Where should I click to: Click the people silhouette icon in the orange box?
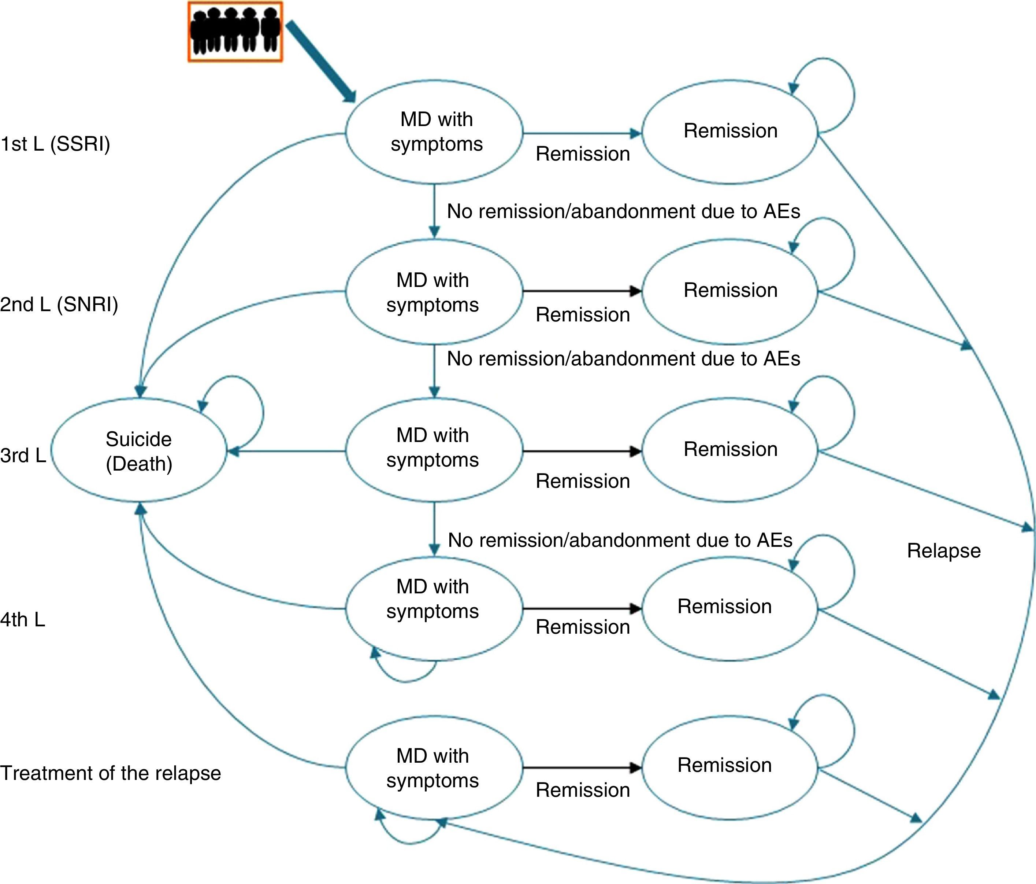[x=235, y=32]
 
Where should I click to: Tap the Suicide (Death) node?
[x=138, y=451]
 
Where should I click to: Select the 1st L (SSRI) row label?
[x=55, y=144]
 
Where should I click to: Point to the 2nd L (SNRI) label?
[x=59, y=304]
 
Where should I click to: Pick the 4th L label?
[x=22, y=619]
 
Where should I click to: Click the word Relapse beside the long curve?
[x=943, y=550]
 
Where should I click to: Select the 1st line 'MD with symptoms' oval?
[x=434, y=132]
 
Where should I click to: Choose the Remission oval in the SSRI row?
[x=730, y=131]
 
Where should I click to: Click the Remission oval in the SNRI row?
[x=730, y=291]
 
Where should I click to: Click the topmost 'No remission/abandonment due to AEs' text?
[x=623, y=211]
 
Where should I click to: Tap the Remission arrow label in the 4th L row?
[x=583, y=627]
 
